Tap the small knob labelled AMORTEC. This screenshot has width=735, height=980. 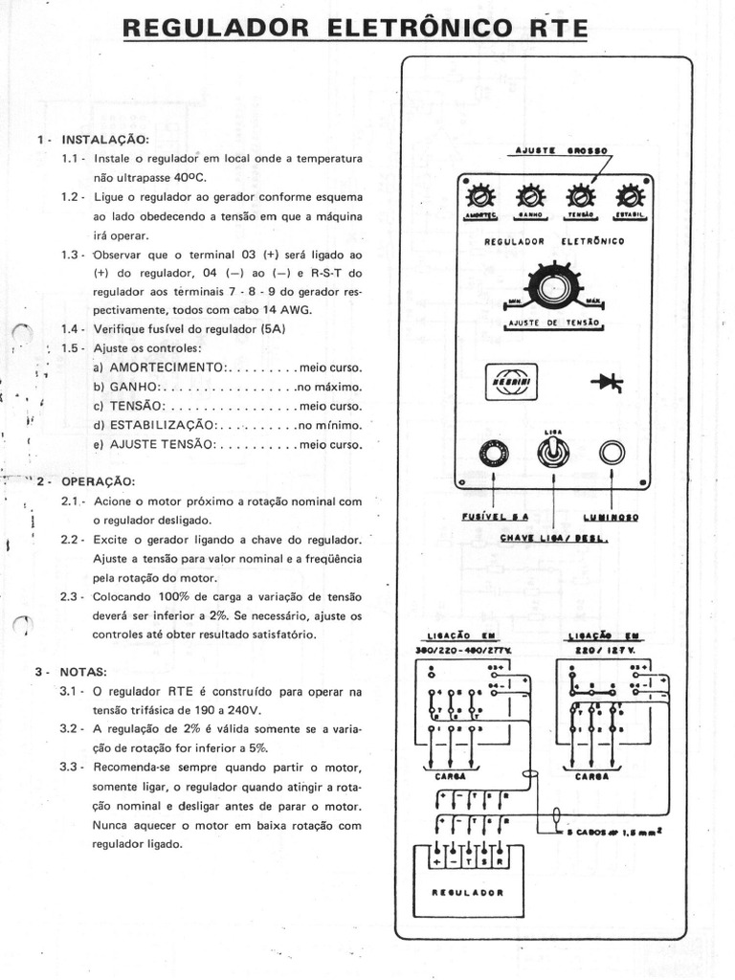point(479,197)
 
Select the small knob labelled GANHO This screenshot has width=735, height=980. point(529,197)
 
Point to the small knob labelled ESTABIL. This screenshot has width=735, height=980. point(630,197)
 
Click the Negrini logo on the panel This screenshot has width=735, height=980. point(511,381)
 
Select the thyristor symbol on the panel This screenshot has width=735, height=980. point(607,382)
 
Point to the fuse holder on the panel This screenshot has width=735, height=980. point(494,454)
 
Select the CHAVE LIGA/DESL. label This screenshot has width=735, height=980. point(555,537)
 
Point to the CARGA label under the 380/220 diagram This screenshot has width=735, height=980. point(451,777)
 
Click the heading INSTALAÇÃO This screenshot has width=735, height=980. point(104,140)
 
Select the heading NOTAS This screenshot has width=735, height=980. point(84,672)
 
